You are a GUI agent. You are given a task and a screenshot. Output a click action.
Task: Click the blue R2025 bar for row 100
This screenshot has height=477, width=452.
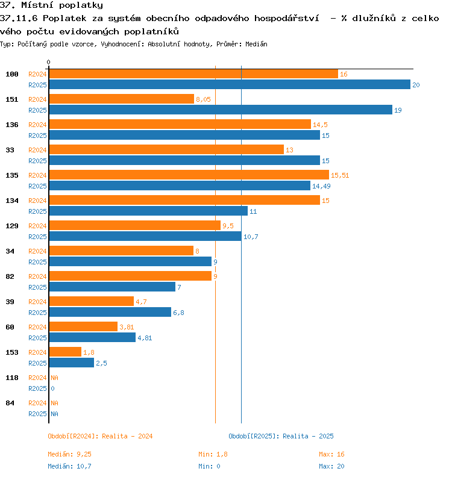click(x=230, y=84)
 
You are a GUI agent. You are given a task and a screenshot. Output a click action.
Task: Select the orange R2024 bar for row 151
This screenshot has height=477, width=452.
click(x=122, y=99)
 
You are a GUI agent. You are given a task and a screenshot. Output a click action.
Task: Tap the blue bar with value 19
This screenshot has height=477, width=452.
click(x=221, y=110)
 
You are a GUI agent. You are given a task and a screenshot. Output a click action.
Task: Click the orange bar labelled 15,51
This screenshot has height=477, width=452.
click(x=189, y=175)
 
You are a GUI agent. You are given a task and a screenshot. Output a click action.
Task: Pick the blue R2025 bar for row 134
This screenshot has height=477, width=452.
click(x=148, y=211)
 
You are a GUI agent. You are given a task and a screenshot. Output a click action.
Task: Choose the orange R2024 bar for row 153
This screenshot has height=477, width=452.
click(x=65, y=352)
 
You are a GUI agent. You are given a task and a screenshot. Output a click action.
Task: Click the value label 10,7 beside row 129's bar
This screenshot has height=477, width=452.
click(x=251, y=237)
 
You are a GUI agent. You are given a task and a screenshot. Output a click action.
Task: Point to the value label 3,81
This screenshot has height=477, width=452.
click(x=127, y=327)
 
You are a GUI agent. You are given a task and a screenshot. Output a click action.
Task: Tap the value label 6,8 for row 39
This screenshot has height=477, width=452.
click(x=178, y=313)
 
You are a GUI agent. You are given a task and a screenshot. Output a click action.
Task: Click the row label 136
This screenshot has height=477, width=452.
click(x=12, y=125)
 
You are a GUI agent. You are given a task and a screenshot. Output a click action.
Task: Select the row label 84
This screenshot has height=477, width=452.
click(x=10, y=403)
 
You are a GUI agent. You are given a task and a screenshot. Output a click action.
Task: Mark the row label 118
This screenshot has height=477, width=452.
click(x=12, y=378)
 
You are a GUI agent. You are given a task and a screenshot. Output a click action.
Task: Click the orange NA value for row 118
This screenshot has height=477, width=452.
click(x=54, y=378)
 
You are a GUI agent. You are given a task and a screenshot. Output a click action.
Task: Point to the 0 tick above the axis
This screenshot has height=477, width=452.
click(x=48, y=62)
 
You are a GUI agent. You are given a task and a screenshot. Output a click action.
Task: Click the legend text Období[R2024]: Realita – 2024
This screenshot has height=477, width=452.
click(x=100, y=436)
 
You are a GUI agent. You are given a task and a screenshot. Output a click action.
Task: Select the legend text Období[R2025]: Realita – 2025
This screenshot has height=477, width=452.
click(x=281, y=436)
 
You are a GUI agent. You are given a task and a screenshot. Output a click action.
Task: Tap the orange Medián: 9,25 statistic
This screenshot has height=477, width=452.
click(x=69, y=454)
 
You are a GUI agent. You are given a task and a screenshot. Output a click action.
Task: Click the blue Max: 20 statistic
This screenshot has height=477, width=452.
click(x=331, y=466)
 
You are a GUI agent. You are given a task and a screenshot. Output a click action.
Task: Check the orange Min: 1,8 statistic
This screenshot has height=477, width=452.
click(x=213, y=454)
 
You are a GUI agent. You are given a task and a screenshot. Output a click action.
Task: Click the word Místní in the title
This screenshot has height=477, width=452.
click(x=37, y=5)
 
